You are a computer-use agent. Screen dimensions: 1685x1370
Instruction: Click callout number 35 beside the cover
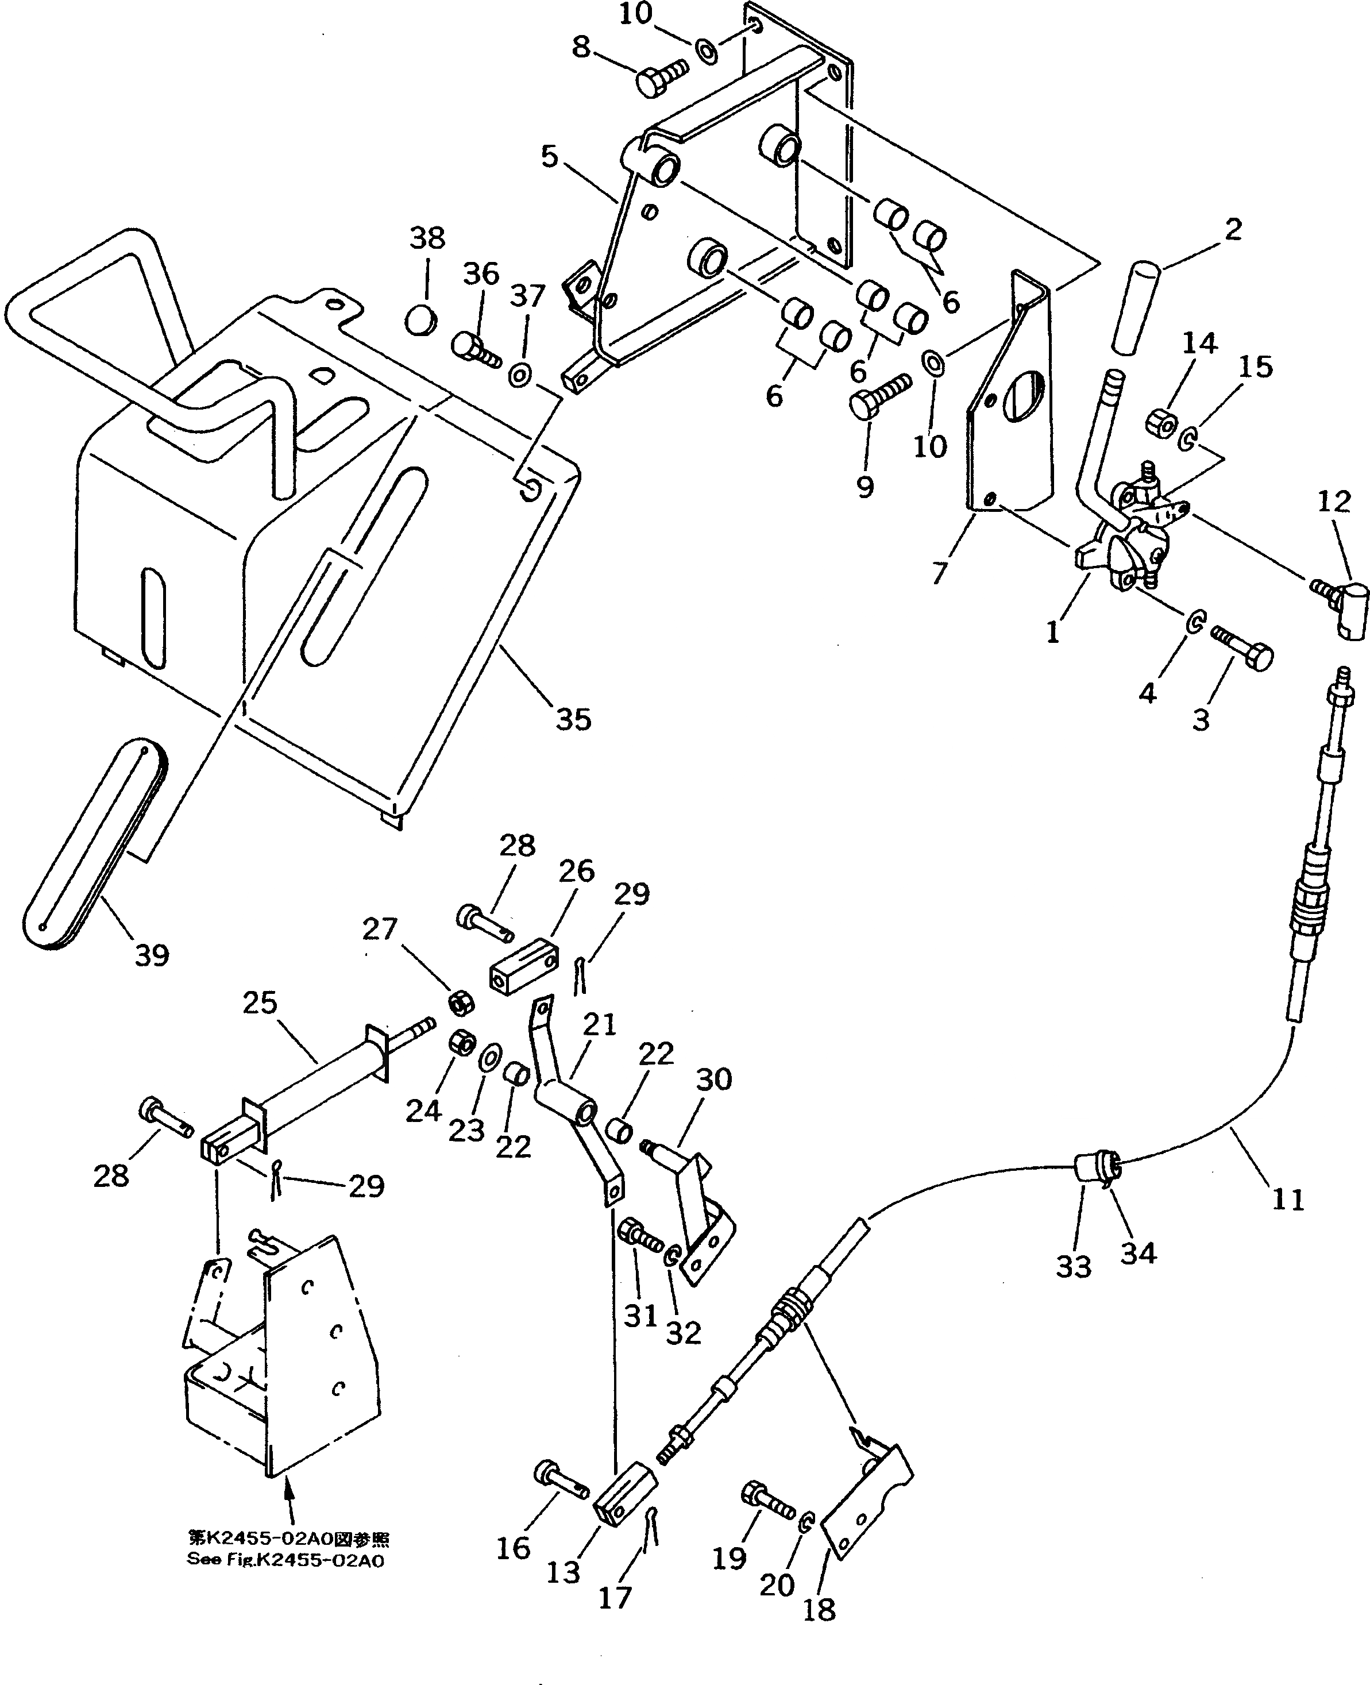(x=573, y=719)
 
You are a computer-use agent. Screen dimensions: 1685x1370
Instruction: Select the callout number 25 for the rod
(x=260, y=1003)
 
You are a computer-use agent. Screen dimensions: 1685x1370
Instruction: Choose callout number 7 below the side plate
(x=939, y=572)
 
